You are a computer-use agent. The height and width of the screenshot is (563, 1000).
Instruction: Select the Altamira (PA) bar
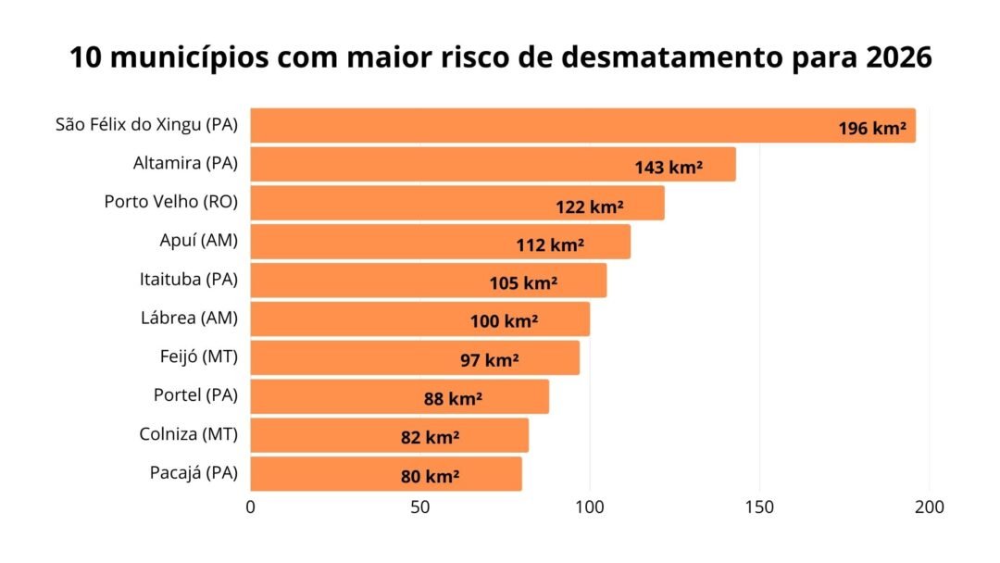click(444, 164)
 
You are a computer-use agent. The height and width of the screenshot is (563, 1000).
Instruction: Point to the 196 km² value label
click(871, 129)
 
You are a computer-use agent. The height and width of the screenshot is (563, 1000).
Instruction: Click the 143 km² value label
click(668, 168)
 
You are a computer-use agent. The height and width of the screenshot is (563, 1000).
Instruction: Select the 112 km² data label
click(550, 245)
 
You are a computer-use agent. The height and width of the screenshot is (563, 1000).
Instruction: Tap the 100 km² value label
click(504, 322)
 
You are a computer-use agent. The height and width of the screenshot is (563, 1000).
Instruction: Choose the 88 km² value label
click(453, 399)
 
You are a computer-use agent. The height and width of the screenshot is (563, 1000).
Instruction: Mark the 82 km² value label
click(431, 438)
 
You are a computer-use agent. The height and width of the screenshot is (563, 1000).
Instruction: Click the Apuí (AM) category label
click(198, 241)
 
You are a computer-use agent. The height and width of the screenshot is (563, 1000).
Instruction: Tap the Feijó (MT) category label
click(198, 357)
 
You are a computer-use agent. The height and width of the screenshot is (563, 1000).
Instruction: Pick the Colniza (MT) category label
click(188, 433)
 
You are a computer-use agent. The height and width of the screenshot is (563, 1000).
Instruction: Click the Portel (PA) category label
click(195, 394)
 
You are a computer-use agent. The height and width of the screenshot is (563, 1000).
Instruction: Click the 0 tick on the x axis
click(250, 507)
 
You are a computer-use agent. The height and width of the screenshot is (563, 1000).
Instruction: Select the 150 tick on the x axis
click(760, 507)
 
